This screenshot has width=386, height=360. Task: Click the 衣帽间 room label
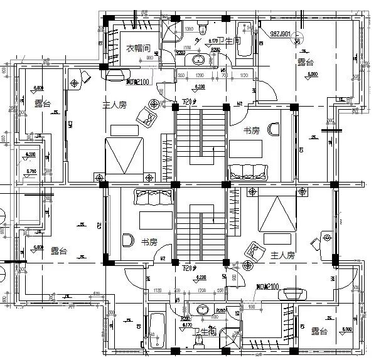(x=137, y=48)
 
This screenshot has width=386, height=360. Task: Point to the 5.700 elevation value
(x=30, y=170)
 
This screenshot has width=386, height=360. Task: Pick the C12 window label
(x=99, y=225)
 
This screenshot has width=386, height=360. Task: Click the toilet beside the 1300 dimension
(x=202, y=28)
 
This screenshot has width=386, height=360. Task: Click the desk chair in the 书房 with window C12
(x=128, y=240)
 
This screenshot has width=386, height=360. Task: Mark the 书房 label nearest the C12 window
(x=149, y=242)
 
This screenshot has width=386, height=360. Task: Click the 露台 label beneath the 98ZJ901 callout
(x=305, y=63)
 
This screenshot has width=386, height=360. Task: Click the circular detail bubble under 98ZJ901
(x=296, y=41)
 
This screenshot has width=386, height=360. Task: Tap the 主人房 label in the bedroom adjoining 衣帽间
(x=115, y=105)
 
